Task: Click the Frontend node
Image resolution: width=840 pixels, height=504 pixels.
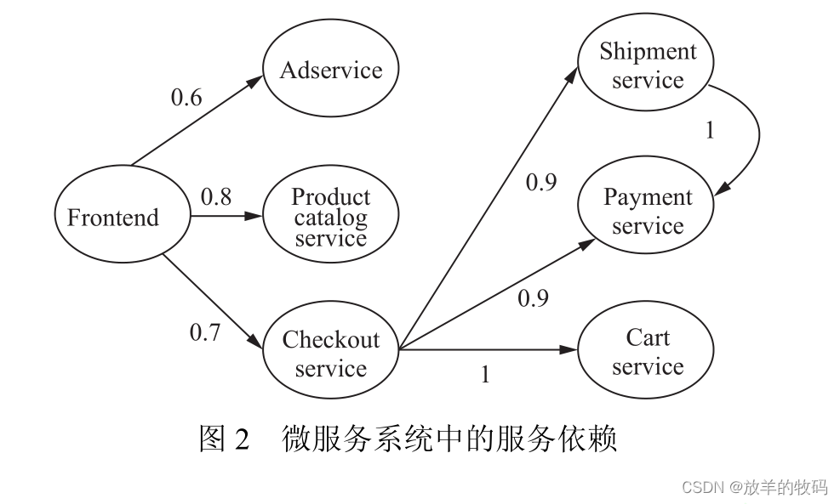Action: tap(113, 218)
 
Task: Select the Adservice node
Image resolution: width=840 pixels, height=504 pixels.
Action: tap(330, 70)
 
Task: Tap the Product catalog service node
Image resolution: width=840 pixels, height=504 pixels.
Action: tap(330, 218)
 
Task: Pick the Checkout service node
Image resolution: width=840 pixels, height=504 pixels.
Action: tap(330, 354)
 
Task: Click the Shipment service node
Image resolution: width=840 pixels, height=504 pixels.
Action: tap(647, 65)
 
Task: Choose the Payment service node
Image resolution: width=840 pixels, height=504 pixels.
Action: tap(647, 211)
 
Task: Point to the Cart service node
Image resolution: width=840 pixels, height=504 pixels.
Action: tap(647, 352)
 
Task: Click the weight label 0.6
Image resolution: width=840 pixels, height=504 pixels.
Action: tap(186, 98)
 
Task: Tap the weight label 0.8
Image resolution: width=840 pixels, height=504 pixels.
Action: tap(215, 197)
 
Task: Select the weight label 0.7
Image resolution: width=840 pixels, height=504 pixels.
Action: tap(204, 332)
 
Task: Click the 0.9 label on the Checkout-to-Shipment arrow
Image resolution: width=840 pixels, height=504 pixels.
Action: tap(541, 182)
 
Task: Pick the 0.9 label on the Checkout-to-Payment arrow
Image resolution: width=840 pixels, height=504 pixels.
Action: tap(533, 298)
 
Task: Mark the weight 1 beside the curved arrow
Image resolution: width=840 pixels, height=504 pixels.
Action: tap(710, 131)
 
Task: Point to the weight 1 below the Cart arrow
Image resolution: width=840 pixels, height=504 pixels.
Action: tap(485, 375)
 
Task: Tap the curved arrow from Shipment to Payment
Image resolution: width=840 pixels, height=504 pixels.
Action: tap(753, 136)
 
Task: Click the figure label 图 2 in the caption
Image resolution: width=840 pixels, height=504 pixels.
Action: tap(223, 439)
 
